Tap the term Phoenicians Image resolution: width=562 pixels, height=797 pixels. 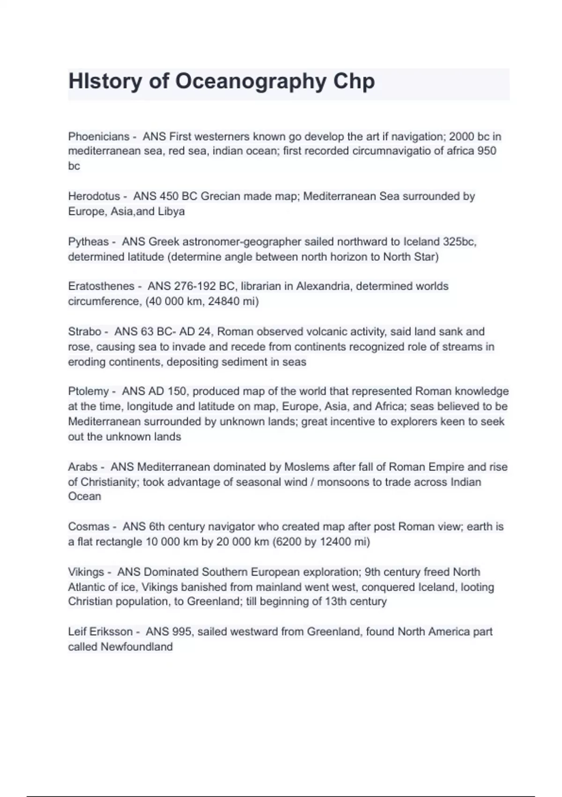[99, 136]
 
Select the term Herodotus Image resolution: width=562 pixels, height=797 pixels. [94, 196]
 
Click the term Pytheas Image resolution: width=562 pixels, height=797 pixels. [89, 241]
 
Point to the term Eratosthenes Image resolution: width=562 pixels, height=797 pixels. [101, 286]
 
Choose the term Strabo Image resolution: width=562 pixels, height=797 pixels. [85, 331]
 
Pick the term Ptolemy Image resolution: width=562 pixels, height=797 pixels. [89, 391]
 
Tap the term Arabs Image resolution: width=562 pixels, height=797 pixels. [83, 467]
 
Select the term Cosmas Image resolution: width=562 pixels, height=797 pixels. [89, 526]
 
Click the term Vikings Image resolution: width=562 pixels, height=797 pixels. [86, 572]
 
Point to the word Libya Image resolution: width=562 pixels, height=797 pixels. [171, 211]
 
